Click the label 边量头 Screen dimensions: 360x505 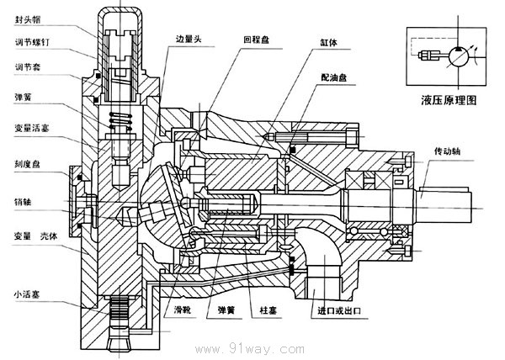click(189, 39)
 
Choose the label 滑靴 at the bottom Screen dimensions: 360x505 click(177, 310)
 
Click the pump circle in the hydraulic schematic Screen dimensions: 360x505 click(459, 56)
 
